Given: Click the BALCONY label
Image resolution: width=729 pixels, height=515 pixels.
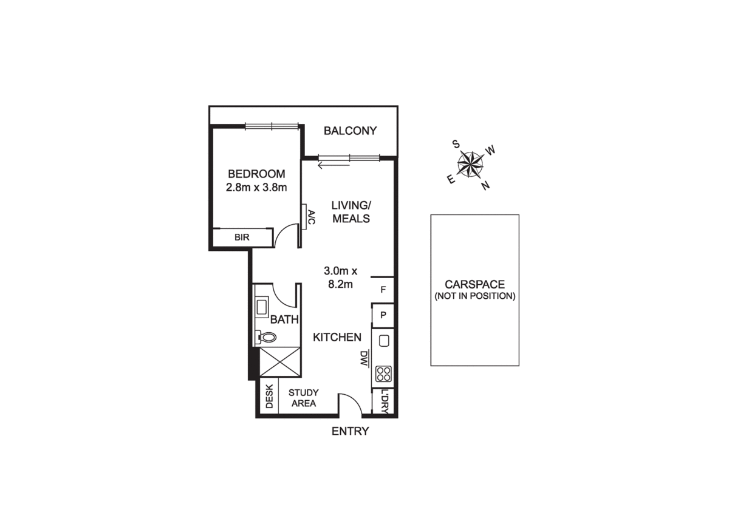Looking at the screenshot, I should pos(350,131).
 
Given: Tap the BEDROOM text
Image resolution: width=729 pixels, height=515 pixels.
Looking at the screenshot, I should pos(256,174).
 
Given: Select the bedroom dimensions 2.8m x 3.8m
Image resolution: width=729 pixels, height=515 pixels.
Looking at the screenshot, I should pos(256,187).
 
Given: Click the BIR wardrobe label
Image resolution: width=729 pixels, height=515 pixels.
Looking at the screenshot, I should pos(242,237).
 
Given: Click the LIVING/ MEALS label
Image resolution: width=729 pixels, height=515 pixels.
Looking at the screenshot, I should pos(351,212).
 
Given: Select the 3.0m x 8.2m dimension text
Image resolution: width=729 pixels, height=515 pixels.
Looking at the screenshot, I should pos(340,276).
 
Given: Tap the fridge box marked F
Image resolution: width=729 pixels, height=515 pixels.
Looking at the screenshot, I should pos(383,290).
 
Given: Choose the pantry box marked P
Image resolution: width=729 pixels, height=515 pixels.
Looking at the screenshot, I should pos(383,315).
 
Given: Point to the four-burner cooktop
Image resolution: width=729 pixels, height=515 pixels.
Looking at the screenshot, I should pos(383,373).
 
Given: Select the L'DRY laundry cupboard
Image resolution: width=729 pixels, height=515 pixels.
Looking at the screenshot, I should pos(384,401).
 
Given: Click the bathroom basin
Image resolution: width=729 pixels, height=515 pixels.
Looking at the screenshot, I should pos(262,307).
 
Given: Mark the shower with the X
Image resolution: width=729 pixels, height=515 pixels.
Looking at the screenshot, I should pos(280,363).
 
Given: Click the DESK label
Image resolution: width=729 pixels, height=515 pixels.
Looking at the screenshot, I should pos(269,398).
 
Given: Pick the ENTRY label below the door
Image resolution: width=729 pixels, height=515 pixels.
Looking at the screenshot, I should pos(350,432).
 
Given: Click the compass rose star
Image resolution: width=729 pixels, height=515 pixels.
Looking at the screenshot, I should pos(470,163).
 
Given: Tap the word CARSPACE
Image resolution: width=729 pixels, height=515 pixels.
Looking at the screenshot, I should pos(474,284).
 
